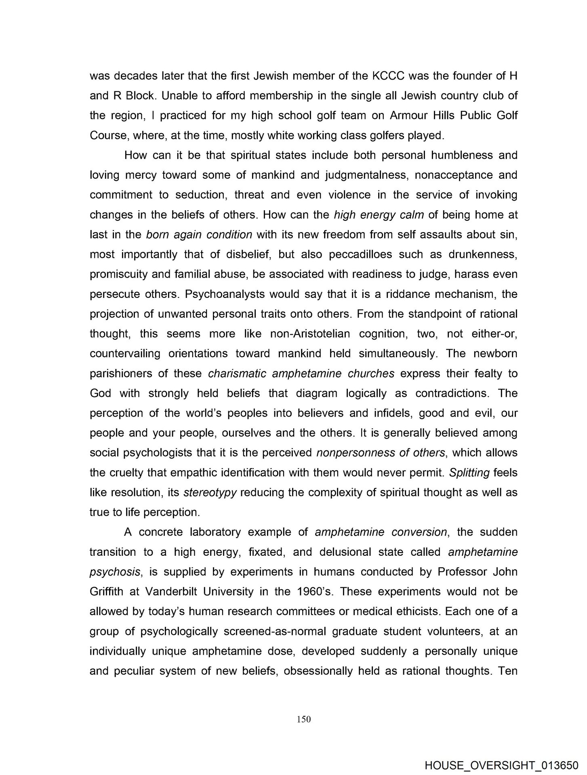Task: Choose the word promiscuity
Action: pos(119,274)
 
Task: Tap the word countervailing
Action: pos(125,354)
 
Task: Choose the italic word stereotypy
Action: pos(210,492)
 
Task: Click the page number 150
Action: pos(303,719)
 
